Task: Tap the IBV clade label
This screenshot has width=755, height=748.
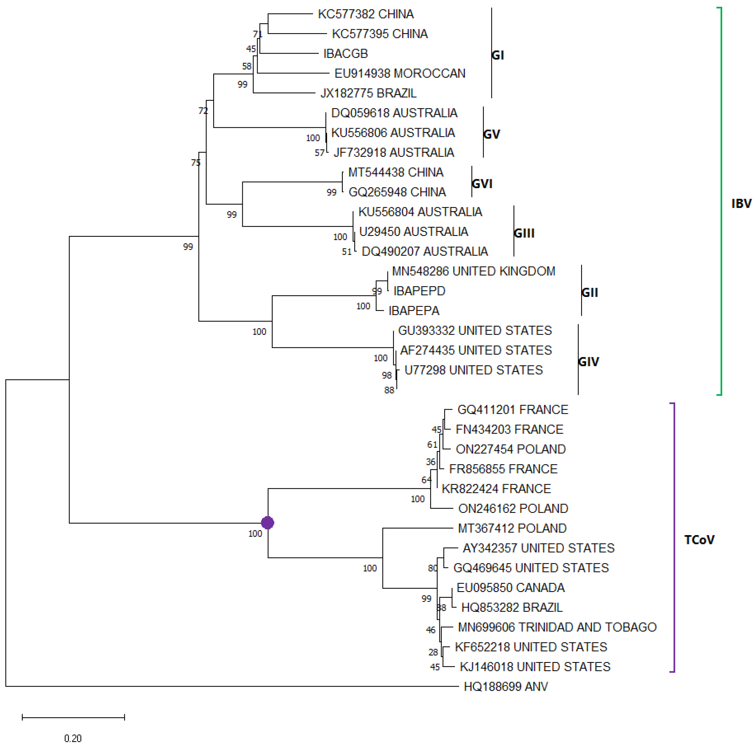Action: pos(741,204)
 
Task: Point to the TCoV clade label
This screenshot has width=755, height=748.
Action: pos(699,540)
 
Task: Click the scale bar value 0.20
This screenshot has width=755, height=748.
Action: pos(73,738)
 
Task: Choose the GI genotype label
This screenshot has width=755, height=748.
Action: pos(497,55)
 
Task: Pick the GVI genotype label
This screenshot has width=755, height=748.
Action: pos(482,184)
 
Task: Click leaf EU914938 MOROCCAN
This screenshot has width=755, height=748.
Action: pos(400,73)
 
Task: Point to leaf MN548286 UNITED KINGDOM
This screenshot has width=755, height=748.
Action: pos(473,271)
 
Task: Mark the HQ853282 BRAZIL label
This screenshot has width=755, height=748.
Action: pos(512,607)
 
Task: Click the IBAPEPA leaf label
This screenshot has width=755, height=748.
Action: pos(414,311)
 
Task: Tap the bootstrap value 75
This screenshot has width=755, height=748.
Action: pos(195,163)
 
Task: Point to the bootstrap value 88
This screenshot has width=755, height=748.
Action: pos(389,390)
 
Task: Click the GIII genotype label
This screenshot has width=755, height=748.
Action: pos(524,233)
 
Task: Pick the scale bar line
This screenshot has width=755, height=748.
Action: pos(73,717)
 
